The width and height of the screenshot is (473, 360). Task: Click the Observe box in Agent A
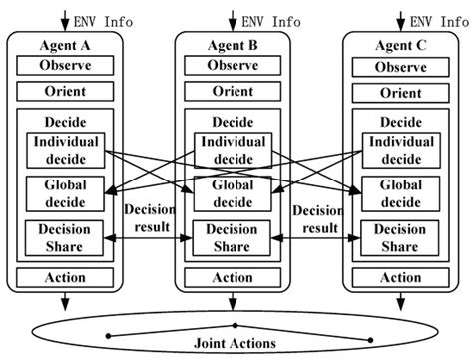pyautogui.click(x=65, y=66)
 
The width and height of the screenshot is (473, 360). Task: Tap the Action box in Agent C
pyautogui.click(x=401, y=278)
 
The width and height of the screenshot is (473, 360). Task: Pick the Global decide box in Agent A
pyautogui.click(x=65, y=192)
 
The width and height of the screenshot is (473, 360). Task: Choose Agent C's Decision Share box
pyautogui.click(x=401, y=237)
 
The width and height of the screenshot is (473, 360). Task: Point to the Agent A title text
pyautogui.click(x=65, y=45)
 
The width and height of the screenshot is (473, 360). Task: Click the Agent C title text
pyautogui.click(x=401, y=45)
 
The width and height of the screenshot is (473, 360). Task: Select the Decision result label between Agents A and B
pyautogui.click(x=148, y=219)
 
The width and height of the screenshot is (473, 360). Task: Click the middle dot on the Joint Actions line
pyautogui.click(x=235, y=325)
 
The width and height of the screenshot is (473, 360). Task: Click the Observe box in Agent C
pyautogui.click(x=401, y=66)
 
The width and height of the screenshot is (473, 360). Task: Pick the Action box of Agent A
pyautogui.click(x=65, y=278)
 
